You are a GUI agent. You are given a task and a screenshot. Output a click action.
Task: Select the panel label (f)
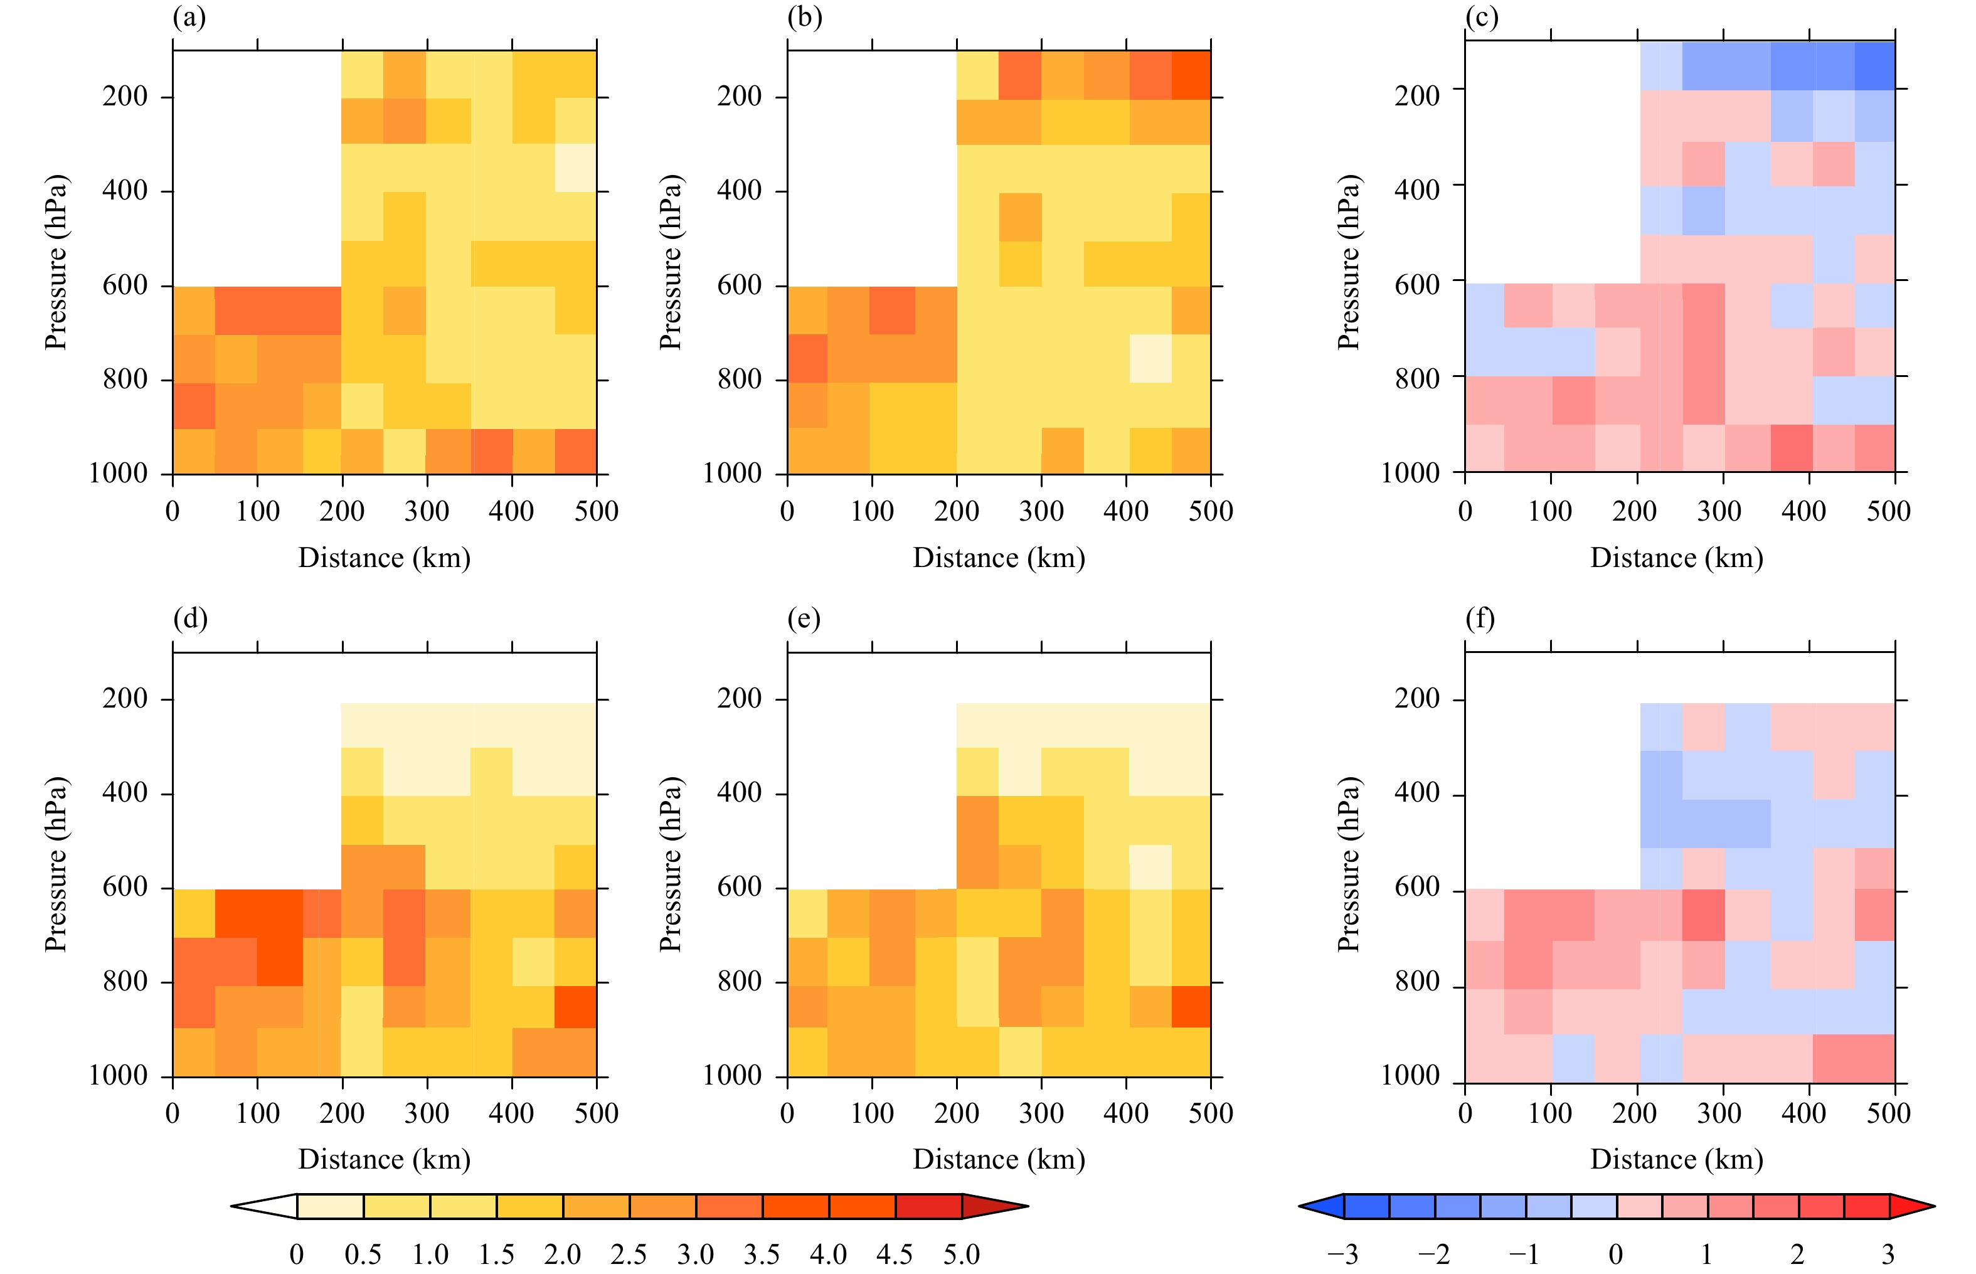pos(1480,618)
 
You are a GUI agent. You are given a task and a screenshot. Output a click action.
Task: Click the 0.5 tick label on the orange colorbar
pos(363,1254)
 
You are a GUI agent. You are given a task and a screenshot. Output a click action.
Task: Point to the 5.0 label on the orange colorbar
pos(961,1254)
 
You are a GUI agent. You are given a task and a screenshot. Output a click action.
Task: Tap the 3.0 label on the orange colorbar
pos(695,1254)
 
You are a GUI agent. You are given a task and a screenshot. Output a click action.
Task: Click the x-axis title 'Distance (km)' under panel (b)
pos(998,558)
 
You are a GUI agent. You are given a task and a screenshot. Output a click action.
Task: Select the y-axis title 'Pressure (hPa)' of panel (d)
pos(55,864)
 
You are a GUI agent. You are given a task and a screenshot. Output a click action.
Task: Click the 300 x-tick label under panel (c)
pos(1719,511)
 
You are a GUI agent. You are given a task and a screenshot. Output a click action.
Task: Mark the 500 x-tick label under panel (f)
pos(1888,1113)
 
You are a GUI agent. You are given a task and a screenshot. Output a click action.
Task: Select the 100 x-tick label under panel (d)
pos(257,1113)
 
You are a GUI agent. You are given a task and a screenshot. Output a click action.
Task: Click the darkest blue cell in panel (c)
pos(1874,65)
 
